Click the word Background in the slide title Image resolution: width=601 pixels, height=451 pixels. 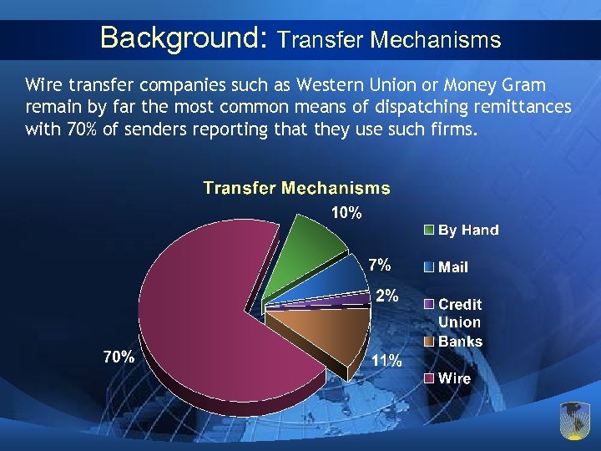(x=179, y=38)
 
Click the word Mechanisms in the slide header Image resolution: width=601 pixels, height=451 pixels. (x=435, y=39)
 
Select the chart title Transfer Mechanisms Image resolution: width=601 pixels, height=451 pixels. (x=296, y=188)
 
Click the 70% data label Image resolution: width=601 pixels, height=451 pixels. (x=118, y=357)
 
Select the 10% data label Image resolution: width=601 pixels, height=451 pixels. (x=346, y=213)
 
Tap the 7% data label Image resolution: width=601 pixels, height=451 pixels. (x=380, y=265)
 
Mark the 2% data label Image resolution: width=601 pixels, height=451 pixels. (x=386, y=296)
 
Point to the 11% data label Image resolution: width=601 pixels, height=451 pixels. (x=386, y=361)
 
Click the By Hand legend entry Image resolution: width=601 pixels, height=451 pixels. (x=468, y=230)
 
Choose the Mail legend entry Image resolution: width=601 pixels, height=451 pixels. (x=453, y=267)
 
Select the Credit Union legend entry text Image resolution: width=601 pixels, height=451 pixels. (x=460, y=313)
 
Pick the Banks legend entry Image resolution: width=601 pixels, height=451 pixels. (x=460, y=341)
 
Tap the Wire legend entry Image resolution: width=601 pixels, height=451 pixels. (x=454, y=378)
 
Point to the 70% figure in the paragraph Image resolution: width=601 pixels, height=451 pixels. (x=74, y=130)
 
